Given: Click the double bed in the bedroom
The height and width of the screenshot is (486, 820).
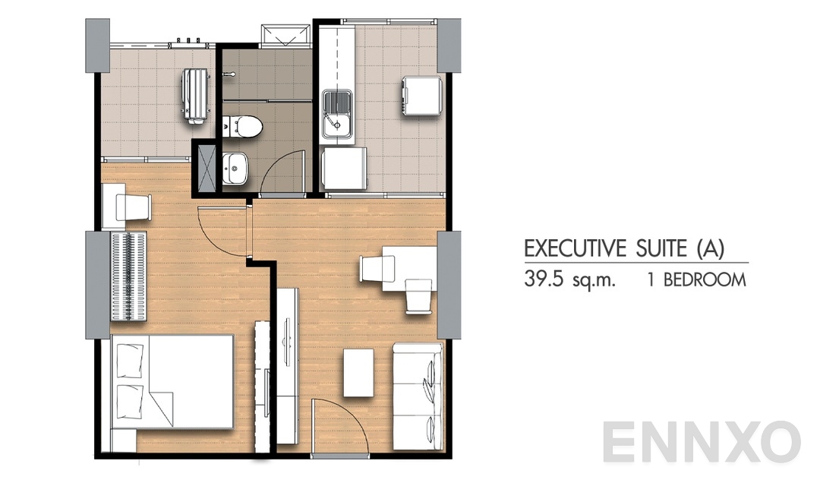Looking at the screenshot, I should (x=172, y=383).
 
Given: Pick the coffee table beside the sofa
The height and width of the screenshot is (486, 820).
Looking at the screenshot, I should (x=358, y=372).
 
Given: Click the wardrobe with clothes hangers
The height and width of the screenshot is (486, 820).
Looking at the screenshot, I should (x=128, y=267).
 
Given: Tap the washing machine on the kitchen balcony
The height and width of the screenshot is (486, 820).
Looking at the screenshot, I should (x=421, y=96).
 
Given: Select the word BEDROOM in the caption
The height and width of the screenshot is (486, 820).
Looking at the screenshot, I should (x=705, y=279).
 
